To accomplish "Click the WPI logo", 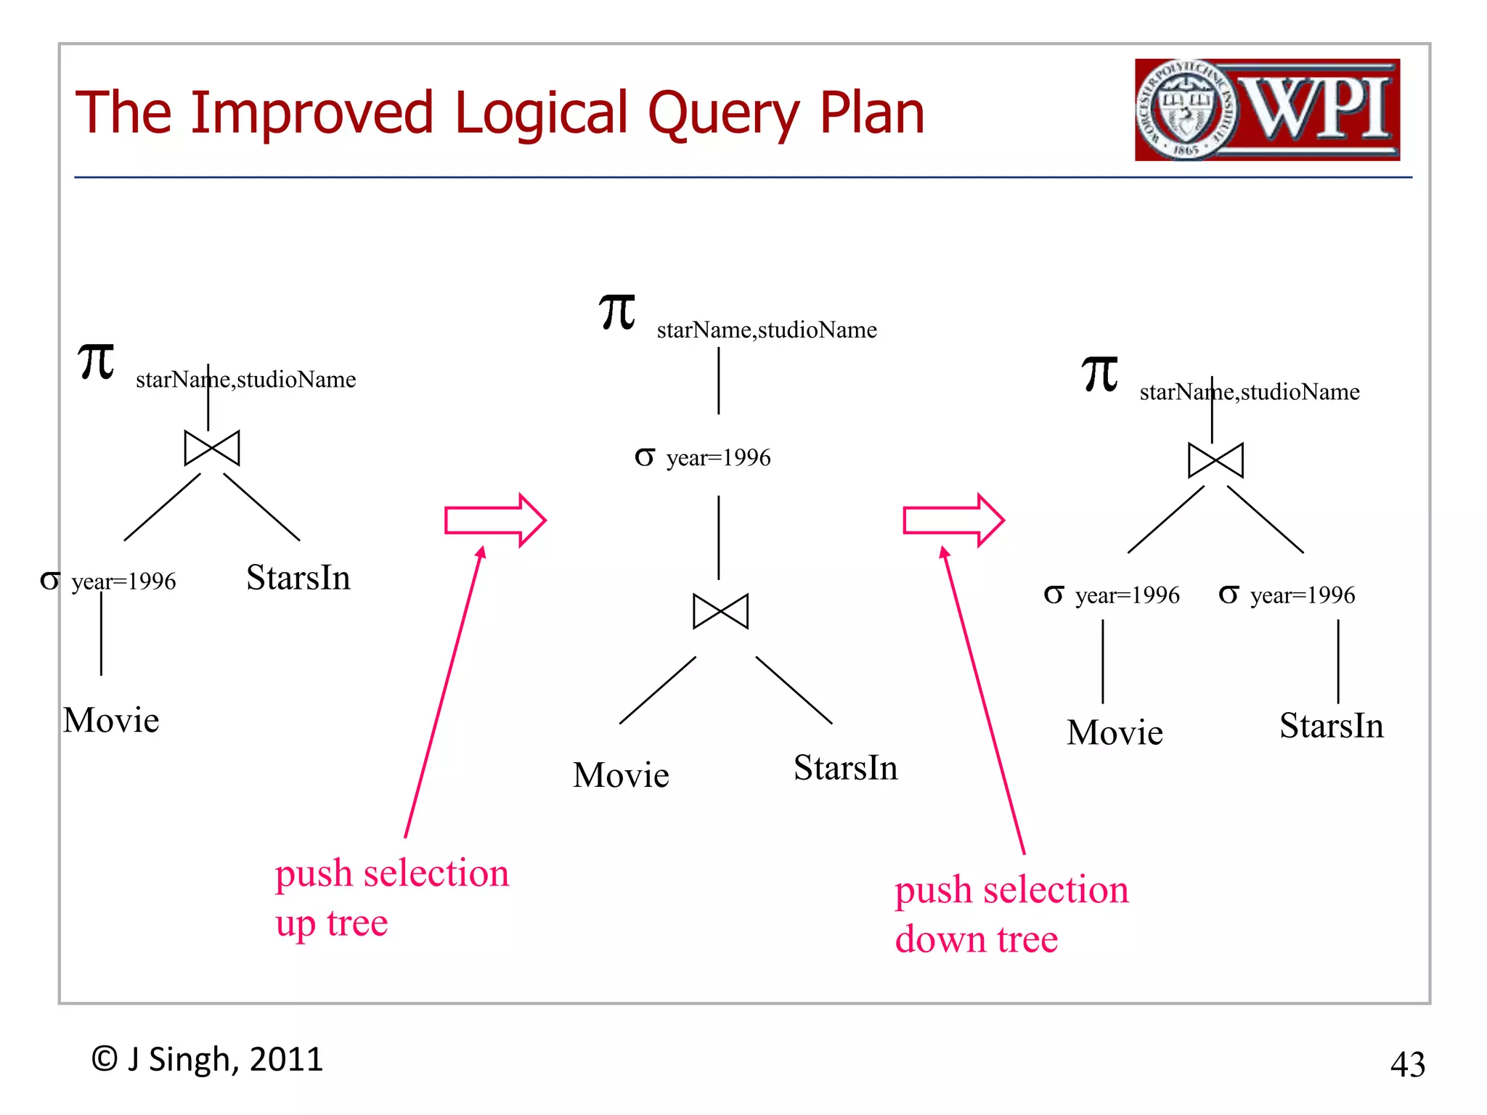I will pos(1266,110).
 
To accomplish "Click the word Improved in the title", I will pos(312,113).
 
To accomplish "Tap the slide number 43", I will pos(1407,1065).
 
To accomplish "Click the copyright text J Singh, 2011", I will pos(207,1060).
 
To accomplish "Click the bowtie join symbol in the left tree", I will pos(211,448).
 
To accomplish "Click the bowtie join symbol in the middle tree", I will pos(720,611).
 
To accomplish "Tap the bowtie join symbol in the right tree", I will pos(1215,460).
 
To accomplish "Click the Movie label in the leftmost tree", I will pos(111,721).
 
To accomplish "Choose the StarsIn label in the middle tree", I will pos(845,768).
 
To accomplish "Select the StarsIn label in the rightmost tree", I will pos(1331,726).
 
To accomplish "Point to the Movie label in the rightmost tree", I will pos(1115,732).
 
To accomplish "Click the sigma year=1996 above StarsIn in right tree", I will pos(1287,595).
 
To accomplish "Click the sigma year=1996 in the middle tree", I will pos(702,457).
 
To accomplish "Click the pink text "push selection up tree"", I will pos(391,897).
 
